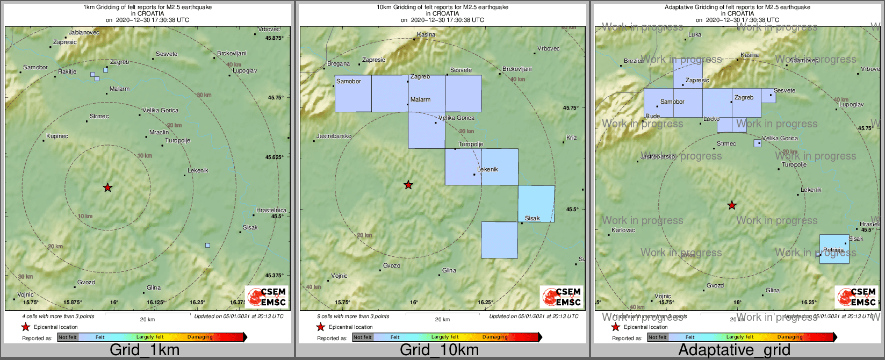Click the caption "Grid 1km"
[145, 350]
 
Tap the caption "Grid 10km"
[439, 350]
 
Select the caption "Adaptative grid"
[734, 350]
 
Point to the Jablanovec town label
[84, 33]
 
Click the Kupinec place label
[57, 136]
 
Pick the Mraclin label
[159, 132]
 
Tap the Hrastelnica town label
[271, 211]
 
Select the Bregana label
[339, 64]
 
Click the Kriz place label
[572, 138]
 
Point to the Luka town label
[695, 35]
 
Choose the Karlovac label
[623, 231]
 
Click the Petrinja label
[833, 250]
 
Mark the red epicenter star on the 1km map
[107, 188]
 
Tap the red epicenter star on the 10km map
[408, 185]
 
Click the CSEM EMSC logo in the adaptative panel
[857, 297]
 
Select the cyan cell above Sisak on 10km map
[536, 203]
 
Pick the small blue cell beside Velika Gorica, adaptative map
[758, 143]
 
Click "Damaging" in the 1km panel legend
[200, 337]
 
